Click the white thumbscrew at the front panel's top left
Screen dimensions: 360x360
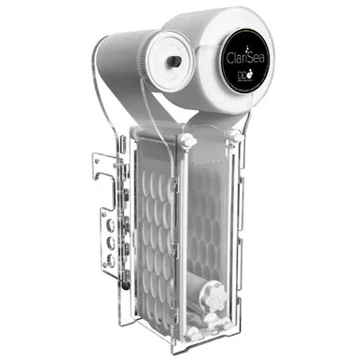(x=187, y=142)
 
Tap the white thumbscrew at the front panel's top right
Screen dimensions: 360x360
(x=233, y=136)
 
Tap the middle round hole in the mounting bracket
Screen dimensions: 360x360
(x=114, y=238)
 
